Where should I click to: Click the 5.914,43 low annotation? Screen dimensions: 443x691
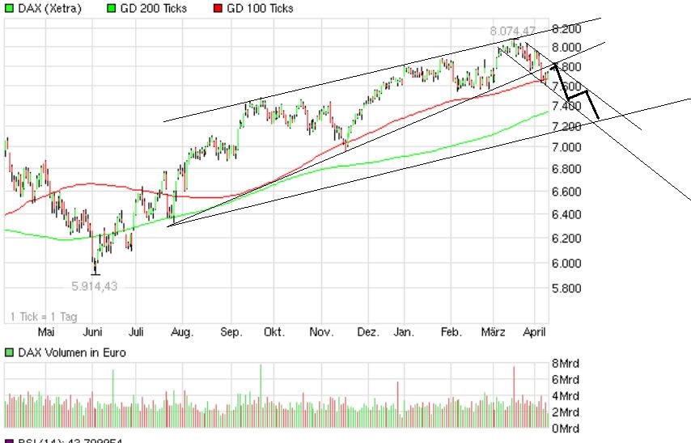(x=95, y=285)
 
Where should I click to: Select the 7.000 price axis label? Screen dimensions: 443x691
(x=566, y=147)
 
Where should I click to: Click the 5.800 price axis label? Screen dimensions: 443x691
(x=566, y=289)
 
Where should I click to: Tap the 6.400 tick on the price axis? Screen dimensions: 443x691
(x=566, y=215)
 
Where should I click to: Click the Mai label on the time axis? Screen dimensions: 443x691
(x=46, y=332)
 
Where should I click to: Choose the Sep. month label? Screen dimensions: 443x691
(x=231, y=332)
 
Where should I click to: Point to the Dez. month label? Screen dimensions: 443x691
(x=368, y=332)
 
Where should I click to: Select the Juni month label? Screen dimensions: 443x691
(x=93, y=332)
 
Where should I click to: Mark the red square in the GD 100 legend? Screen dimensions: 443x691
(x=217, y=8)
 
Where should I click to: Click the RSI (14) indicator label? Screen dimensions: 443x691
(x=57, y=441)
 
